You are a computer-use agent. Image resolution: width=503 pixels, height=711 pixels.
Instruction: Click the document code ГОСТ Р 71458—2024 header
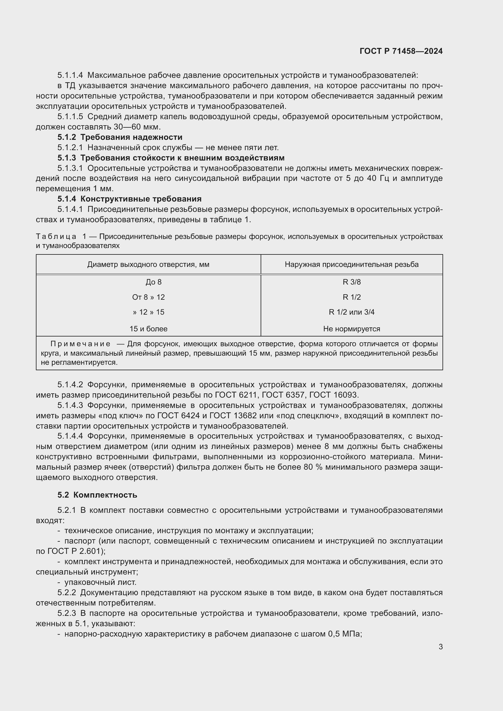401,51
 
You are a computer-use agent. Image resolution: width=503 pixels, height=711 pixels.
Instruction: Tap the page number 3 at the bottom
440,647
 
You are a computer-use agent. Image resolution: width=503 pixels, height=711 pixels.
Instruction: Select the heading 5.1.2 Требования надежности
120,137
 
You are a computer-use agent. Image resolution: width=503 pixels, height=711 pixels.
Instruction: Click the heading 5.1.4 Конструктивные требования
130,199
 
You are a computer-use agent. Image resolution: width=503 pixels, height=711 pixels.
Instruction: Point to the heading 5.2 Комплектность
97,495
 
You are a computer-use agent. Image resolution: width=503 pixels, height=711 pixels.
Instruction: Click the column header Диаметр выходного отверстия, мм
148,264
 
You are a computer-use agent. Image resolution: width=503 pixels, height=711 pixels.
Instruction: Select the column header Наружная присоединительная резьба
352,264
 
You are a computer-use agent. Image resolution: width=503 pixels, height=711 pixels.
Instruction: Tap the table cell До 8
153,282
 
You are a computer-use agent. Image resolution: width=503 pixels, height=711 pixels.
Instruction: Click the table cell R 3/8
352,282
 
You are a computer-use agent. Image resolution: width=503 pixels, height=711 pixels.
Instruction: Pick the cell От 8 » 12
148,297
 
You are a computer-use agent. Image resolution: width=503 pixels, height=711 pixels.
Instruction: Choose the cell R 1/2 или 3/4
352,312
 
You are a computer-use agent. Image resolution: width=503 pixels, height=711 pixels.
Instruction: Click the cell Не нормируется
352,329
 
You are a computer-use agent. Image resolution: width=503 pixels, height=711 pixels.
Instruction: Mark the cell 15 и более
148,329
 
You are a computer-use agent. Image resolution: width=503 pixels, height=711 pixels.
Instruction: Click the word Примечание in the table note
80,344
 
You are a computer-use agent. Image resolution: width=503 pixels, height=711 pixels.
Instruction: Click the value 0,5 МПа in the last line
345,634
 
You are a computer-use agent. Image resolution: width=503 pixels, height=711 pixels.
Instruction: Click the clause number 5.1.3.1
70,168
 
